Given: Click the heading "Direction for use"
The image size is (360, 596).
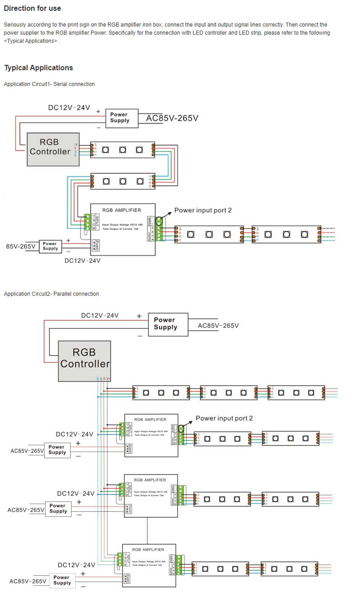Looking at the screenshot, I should click(32, 8).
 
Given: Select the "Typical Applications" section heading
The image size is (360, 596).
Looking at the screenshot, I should click(38, 68).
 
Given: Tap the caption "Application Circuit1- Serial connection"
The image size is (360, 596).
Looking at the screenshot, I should click(49, 84).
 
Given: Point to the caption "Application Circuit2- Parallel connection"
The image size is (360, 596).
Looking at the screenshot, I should click(51, 294).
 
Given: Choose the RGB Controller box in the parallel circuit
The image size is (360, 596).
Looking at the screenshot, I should click(85, 361).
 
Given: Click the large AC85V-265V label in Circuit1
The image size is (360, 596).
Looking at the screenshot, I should click(172, 118).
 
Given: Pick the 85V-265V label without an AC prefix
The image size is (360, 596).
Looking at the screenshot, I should click(20, 246).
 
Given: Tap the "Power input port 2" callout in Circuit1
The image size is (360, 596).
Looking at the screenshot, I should click(203, 210).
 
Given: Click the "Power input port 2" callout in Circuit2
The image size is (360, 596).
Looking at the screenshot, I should click(224, 418).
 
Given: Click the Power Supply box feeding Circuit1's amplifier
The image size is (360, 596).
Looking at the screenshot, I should click(50, 246).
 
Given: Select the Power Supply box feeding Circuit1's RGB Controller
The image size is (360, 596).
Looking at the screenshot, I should click(119, 117).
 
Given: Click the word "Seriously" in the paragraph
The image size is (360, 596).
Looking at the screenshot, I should click(15, 25).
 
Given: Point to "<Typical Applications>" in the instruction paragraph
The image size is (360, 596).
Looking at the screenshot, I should click(31, 41).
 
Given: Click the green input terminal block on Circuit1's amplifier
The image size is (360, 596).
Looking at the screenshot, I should click(87, 222).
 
